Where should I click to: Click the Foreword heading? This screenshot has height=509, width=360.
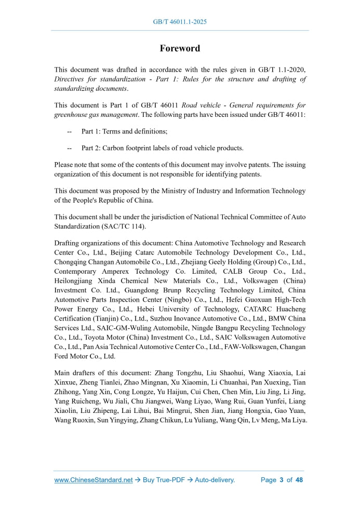coord(180,48)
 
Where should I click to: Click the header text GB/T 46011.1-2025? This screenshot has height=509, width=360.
coord(180,22)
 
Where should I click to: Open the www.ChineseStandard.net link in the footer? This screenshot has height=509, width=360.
coord(94,480)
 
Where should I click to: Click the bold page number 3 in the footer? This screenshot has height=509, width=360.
coord(281,480)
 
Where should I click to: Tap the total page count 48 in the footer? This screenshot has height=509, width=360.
coord(299,480)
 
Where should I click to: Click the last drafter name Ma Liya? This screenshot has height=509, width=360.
coord(293,420)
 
